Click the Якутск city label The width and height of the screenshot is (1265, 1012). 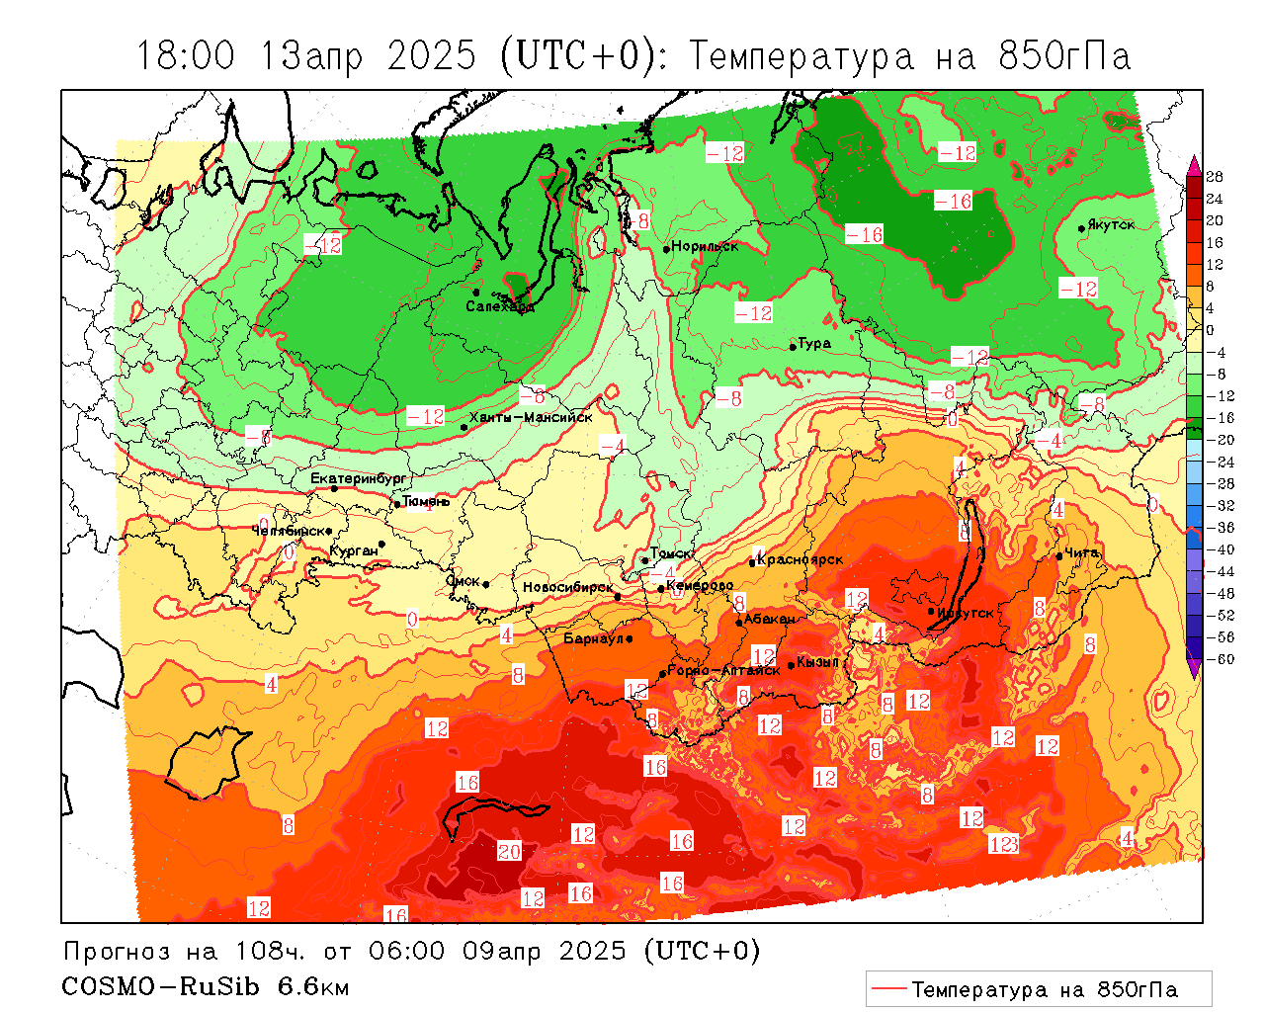1111,224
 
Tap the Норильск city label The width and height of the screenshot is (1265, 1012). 705,246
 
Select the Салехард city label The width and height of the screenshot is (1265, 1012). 500,306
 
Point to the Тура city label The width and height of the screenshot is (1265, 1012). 814,343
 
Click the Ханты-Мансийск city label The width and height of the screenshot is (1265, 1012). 531,417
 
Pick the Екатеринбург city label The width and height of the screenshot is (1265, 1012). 358,478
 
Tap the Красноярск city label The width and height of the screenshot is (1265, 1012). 801,559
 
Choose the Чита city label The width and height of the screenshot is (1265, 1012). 1082,552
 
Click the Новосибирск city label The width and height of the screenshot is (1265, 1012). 567,587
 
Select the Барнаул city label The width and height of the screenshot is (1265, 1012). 593,638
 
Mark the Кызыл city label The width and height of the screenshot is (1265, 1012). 817,661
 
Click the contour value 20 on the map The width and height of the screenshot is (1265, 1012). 509,851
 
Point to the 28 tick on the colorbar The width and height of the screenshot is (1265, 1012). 1215,177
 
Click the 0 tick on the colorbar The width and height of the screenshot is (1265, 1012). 1210,330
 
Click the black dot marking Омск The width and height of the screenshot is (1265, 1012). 486,584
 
